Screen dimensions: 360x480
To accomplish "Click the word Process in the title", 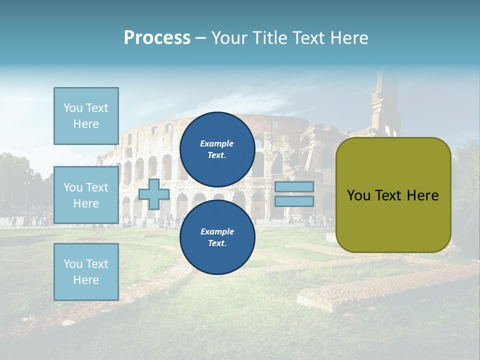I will coord(157,38).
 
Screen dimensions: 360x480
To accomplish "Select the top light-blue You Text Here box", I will coord(86,116).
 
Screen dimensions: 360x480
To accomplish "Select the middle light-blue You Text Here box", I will coord(86,195).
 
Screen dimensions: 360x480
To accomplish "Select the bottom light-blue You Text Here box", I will coord(86,271).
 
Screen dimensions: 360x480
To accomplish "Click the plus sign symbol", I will coord(154,194).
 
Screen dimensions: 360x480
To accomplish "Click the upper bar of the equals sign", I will coord(294,187).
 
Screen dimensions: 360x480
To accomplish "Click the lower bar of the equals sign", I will coord(294,201).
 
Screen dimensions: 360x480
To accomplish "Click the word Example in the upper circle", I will coord(217,143).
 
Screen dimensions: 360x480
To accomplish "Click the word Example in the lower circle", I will coord(217,231).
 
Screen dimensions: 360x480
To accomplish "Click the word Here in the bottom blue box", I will coord(86,280).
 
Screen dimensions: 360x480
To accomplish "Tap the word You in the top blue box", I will coord(72,108).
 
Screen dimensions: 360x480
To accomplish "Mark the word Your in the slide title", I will coord(230,38).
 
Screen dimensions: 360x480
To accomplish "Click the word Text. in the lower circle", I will coord(217,243).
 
